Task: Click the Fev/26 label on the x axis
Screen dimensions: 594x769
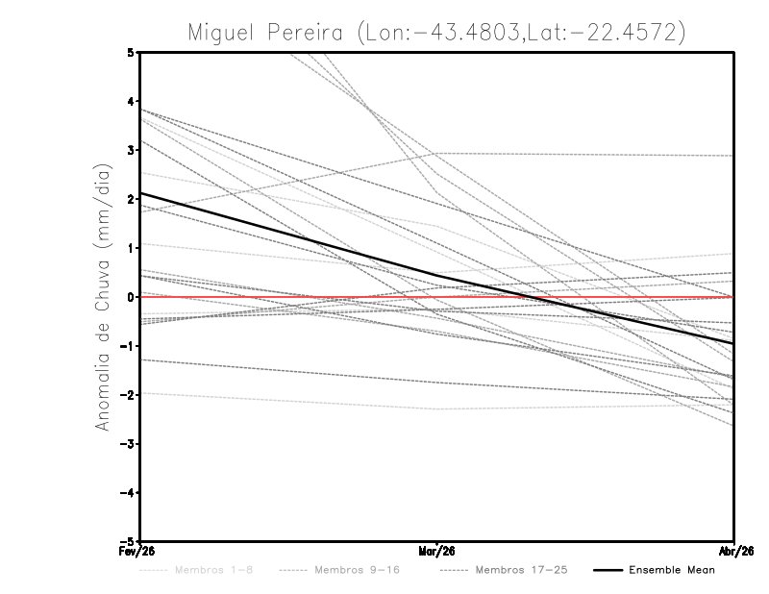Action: click(139, 552)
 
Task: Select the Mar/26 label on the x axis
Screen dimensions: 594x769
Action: click(436, 552)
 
